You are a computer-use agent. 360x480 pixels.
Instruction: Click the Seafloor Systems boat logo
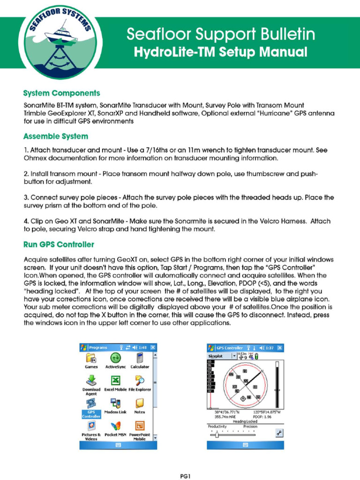[x=58, y=44]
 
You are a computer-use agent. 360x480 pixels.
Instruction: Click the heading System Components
[x=61, y=93]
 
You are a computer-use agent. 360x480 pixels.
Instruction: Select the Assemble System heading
[x=55, y=136]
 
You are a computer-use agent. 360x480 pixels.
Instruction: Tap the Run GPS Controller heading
[x=59, y=244]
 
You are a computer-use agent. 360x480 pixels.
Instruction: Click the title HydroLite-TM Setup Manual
[x=221, y=52]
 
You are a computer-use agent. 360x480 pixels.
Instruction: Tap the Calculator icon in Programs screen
[x=140, y=358]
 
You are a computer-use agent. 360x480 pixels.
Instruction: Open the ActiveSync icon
[x=115, y=358]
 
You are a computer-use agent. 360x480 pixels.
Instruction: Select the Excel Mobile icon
[x=115, y=380]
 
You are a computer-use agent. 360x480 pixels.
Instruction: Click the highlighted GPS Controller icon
[x=91, y=403]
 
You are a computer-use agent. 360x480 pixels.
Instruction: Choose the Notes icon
[x=140, y=403]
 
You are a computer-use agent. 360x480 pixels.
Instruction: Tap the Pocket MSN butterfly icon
[x=115, y=426]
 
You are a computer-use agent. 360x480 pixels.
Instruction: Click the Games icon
[x=91, y=358]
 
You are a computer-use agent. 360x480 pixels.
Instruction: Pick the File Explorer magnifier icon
[x=140, y=380]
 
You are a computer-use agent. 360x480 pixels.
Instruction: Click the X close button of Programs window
[x=153, y=347]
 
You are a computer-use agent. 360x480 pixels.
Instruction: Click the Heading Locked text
[x=245, y=421]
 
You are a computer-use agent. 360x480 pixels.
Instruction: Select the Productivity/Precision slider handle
[x=217, y=435]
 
